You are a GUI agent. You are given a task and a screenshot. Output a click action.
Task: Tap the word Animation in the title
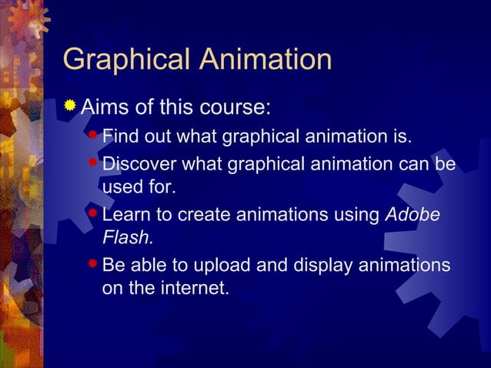tap(267, 60)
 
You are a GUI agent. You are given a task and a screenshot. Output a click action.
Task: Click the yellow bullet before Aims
tap(70, 105)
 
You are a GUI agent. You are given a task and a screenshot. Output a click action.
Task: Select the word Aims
tap(106, 105)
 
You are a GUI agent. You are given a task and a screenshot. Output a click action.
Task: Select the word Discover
tap(138, 165)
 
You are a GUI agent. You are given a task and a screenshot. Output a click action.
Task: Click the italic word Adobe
tap(412, 215)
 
